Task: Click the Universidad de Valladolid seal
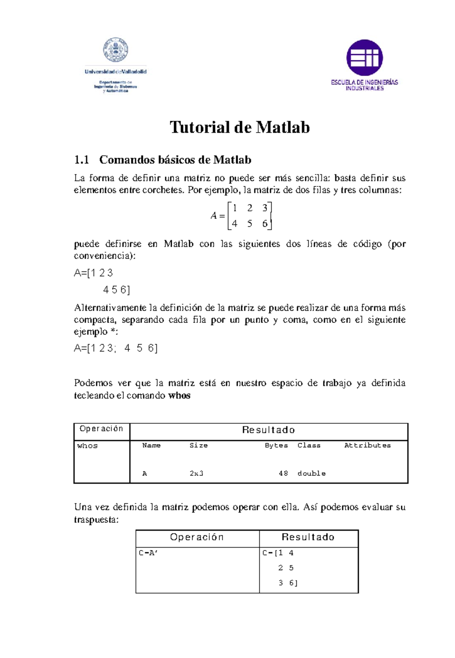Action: pyautogui.click(x=115, y=50)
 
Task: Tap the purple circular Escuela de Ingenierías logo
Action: pyautogui.click(x=364, y=58)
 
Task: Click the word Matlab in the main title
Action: pyautogui.click(x=283, y=127)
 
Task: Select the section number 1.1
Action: pyautogui.click(x=82, y=160)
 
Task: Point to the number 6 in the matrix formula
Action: pyautogui.click(x=265, y=224)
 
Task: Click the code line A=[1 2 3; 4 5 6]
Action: pyautogui.click(x=116, y=348)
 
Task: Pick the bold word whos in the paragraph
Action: pyautogui.click(x=179, y=396)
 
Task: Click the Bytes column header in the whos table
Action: pyautogui.click(x=276, y=446)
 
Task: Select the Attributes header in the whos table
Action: pyautogui.click(x=367, y=446)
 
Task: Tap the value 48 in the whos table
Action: pyautogui.click(x=283, y=473)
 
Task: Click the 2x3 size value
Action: pyautogui.click(x=196, y=473)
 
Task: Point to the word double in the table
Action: pyautogui.click(x=311, y=473)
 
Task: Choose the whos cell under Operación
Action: pyautogui.click(x=88, y=446)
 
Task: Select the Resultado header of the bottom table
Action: pyautogui.click(x=308, y=537)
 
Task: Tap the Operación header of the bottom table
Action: pyautogui.click(x=197, y=537)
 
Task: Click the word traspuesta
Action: pyautogui.click(x=96, y=520)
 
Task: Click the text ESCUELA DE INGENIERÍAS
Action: pyautogui.click(x=364, y=82)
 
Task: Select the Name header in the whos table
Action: pyautogui.click(x=151, y=446)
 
